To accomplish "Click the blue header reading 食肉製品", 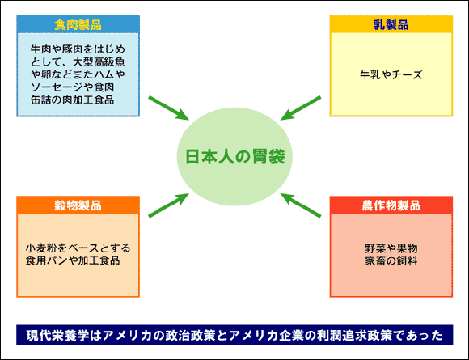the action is [78, 24].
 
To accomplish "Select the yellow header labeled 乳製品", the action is [391, 24].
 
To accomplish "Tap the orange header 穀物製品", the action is [78, 205].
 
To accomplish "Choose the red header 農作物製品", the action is [391, 205].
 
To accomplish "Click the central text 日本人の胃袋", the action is [235, 156].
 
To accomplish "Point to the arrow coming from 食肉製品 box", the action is [169, 108].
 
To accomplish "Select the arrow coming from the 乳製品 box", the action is [301, 108].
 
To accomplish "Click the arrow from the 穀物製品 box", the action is [169, 205].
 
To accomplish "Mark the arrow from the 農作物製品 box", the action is [301, 205].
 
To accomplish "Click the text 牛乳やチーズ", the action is [391, 74].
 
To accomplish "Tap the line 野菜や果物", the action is [391, 248].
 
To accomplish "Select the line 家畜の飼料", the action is [391, 261].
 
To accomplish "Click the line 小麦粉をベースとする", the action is [78, 248].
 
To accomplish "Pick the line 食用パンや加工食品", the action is [73, 260].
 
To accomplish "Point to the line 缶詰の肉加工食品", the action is [73, 100].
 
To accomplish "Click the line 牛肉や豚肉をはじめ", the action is [78, 49].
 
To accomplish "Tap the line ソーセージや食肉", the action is [73, 87].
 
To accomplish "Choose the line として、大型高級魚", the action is [78, 61].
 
